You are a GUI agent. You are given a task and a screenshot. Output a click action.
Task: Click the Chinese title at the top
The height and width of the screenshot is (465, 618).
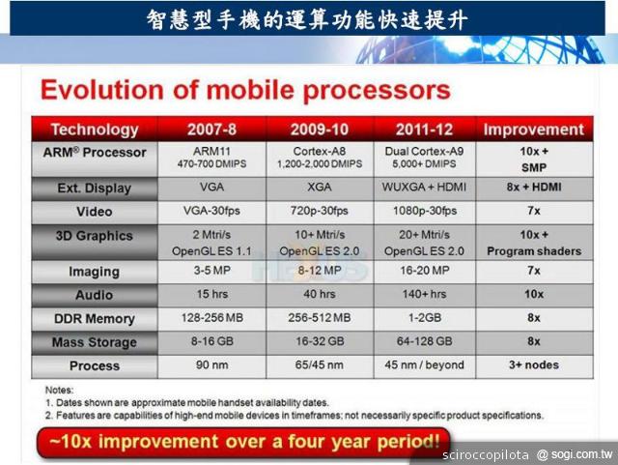tap(308, 17)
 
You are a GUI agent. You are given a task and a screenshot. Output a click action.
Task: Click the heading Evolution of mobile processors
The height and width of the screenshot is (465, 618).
tap(245, 91)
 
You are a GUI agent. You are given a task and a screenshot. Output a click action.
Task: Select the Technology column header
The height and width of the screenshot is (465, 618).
tap(95, 130)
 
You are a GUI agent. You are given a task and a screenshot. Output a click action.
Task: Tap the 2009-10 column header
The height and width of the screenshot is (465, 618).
tap(319, 130)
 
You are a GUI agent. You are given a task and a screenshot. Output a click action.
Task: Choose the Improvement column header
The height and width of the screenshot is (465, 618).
tap(533, 130)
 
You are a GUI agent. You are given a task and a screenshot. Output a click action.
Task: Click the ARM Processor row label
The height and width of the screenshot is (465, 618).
tap(95, 153)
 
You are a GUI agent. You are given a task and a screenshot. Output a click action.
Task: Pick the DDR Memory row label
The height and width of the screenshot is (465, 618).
tap(95, 318)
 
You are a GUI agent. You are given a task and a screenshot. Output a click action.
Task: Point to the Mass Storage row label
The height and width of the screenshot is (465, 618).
tap(95, 342)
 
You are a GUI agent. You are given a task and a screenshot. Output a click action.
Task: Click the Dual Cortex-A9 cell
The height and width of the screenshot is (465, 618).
tap(426, 152)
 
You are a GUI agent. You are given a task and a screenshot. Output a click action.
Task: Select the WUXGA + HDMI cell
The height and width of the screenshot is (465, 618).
tap(426, 188)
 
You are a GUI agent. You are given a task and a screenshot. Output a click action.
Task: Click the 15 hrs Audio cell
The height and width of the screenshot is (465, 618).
tap(211, 294)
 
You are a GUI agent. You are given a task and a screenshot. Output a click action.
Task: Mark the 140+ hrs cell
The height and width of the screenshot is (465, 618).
tap(426, 294)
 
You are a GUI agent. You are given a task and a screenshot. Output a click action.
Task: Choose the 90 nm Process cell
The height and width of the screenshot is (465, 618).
tap(211, 366)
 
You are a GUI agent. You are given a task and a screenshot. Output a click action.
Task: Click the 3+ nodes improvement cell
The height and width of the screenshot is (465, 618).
tap(533, 366)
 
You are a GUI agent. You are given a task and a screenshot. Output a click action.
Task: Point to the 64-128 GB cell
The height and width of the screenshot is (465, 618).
tap(426, 342)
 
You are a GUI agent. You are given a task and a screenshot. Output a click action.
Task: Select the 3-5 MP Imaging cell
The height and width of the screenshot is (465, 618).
tap(211, 272)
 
